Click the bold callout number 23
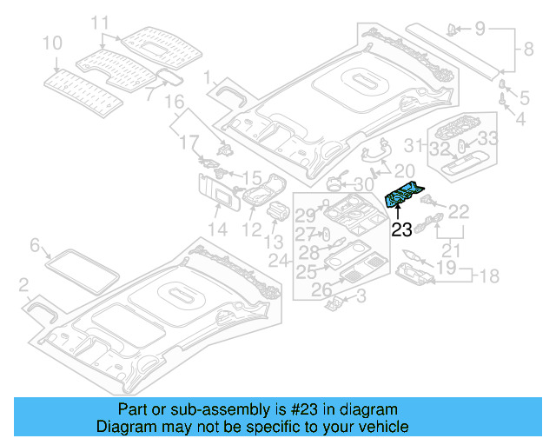400,230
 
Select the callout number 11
101,22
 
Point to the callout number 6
36,246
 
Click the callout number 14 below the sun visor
216,229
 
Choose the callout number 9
480,29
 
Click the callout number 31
416,144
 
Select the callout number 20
405,170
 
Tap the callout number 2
24,285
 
